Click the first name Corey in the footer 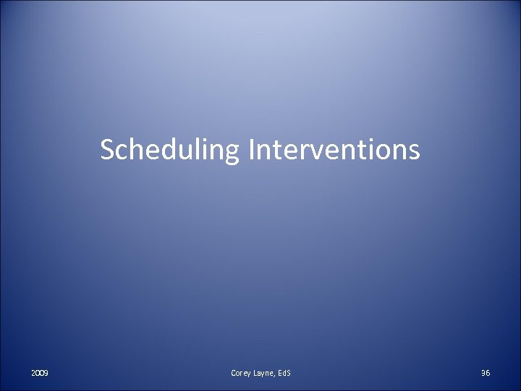pos(242,371)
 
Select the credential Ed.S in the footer pos(285,371)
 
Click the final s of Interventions pos(412,151)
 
